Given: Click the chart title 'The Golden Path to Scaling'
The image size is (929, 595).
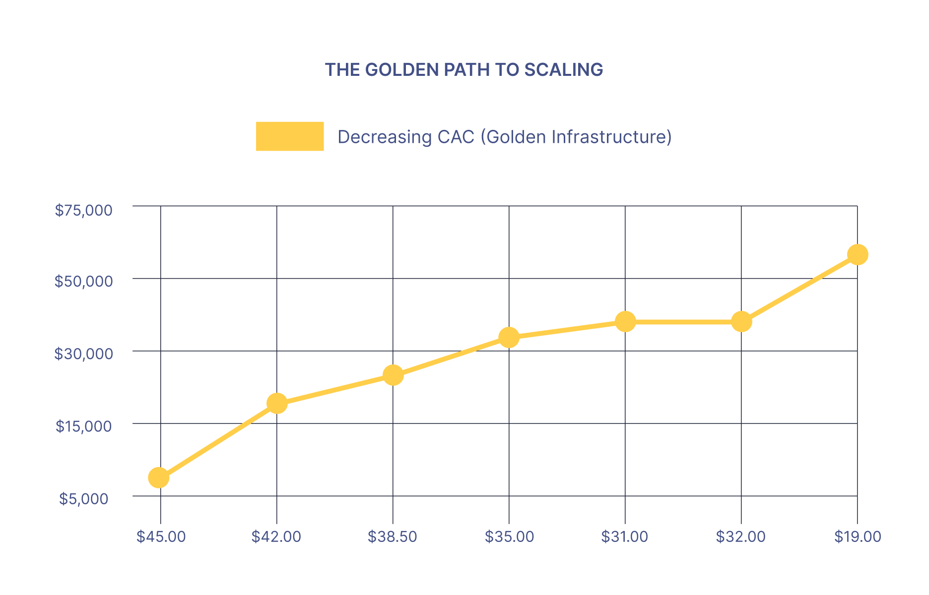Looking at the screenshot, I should (x=464, y=70).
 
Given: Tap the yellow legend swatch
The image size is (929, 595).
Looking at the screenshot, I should (x=290, y=136).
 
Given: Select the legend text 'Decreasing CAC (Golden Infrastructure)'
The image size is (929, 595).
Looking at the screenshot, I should (x=505, y=137).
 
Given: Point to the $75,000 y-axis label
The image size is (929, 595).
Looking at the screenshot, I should (x=83, y=210).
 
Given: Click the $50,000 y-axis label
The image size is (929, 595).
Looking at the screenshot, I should (x=83, y=282).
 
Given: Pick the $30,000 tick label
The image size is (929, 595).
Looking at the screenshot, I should (x=83, y=354).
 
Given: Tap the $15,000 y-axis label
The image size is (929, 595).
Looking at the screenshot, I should (x=83, y=426).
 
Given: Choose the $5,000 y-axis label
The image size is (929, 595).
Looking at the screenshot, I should (x=83, y=499).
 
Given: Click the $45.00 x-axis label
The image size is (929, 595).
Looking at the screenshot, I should (x=161, y=536).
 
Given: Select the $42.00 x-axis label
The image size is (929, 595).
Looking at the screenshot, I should (x=276, y=536).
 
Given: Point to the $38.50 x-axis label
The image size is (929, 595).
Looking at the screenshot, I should (x=393, y=536).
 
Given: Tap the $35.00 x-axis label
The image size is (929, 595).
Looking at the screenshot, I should (x=509, y=536).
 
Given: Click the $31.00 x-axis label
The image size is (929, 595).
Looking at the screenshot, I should (x=625, y=536).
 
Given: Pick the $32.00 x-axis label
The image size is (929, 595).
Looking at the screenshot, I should (x=741, y=536).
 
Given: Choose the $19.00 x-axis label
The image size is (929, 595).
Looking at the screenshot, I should (x=858, y=536).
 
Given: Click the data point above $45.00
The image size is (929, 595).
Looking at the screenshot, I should (x=158, y=477).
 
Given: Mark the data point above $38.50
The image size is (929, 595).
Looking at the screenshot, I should (x=393, y=375).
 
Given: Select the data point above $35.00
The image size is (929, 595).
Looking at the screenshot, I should (x=509, y=338).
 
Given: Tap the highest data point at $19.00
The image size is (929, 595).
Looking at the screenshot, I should (x=858, y=255).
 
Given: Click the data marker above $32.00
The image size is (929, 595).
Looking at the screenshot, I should (x=741, y=322).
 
